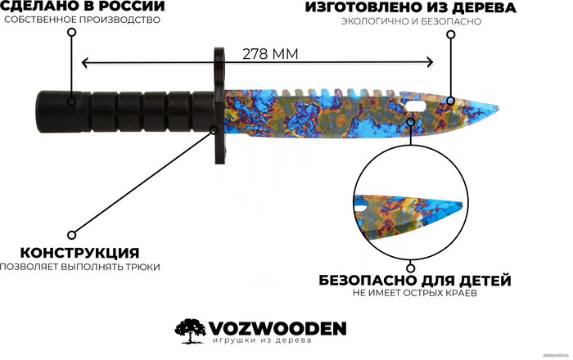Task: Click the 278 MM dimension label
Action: click(x=270, y=53)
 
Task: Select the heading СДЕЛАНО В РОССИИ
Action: click(x=83, y=7)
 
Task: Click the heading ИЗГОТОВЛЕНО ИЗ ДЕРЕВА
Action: click(x=411, y=7)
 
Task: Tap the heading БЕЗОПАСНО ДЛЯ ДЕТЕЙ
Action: click(x=415, y=280)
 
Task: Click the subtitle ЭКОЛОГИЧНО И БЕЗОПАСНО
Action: click(x=411, y=22)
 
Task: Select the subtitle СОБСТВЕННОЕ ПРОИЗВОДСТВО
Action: click(x=81, y=20)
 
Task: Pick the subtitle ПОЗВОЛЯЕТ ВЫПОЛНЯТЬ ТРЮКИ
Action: click(x=79, y=266)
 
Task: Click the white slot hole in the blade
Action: click(x=416, y=103)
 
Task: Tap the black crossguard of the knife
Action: click(x=216, y=105)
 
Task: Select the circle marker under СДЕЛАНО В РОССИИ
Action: click(x=72, y=33)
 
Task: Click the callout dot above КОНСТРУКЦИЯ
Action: click(x=72, y=234)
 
